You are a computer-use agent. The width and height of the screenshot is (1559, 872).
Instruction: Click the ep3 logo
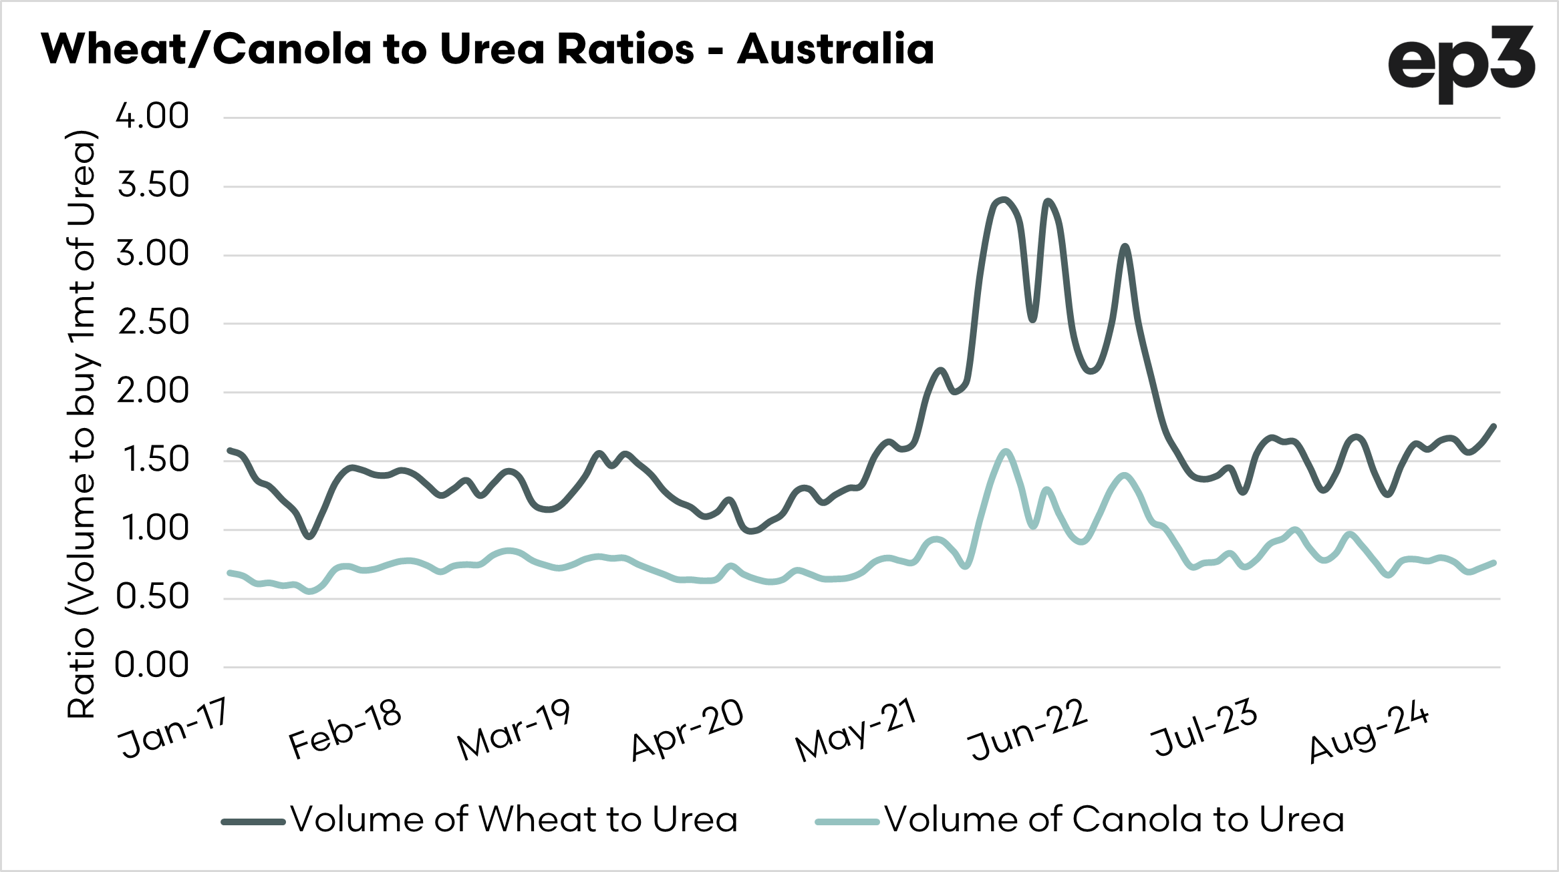point(1461,63)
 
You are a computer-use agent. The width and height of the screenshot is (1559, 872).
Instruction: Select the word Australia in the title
point(835,49)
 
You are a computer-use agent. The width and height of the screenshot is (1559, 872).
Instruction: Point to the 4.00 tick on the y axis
point(152,116)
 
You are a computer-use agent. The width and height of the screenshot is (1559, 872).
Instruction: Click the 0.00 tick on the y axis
point(152,665)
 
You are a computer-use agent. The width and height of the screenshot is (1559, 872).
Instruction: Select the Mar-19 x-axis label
point(513,729)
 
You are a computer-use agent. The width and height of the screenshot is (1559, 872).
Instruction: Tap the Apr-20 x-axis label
point(687,729)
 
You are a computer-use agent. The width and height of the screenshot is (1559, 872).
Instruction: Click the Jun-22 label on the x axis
point(1028,729)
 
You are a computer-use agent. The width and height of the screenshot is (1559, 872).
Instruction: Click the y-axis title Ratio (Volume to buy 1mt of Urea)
point(82,424)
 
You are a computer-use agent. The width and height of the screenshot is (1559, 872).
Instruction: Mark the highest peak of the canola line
point(1006,451)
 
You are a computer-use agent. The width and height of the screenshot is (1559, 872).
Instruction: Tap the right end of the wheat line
point(1494,426)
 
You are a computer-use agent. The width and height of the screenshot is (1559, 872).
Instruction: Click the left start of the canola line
point(229,573)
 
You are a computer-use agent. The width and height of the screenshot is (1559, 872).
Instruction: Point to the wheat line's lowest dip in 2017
point(309,536)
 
